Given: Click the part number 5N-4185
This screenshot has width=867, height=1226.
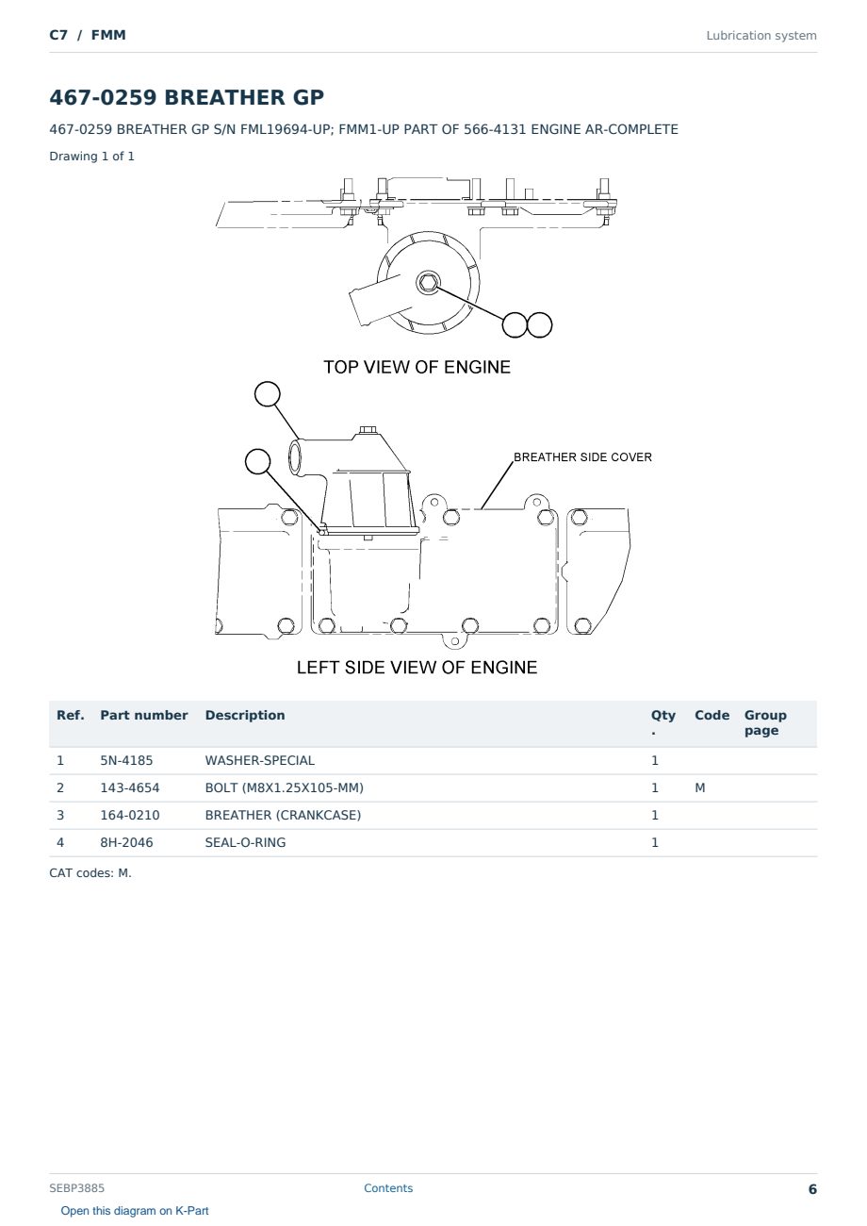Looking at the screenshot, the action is point(126,760).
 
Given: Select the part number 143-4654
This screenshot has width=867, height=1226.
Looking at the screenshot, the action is point(130,787).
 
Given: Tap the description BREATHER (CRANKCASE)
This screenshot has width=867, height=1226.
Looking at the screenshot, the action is point(283,815).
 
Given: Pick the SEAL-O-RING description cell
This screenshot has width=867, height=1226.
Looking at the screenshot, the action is point(245,842).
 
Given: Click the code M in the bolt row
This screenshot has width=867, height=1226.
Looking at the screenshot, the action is point(699,787).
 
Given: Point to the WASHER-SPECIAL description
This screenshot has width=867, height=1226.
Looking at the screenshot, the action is point(259,760).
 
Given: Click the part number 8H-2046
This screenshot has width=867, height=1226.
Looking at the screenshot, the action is point(126,842).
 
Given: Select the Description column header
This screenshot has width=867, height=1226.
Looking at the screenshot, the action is point(244,716).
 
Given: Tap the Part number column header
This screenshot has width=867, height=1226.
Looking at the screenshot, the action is point(144,716).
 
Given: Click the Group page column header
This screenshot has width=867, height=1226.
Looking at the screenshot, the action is point(765,722).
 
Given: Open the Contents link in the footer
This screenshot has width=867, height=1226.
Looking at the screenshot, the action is point(388,1188).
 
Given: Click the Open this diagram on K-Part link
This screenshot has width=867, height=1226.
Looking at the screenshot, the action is point(135,1211).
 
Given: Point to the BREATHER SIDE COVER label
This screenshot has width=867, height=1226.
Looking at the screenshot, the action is point(582,457).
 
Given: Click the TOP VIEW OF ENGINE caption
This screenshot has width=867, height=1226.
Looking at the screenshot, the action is point(417,367).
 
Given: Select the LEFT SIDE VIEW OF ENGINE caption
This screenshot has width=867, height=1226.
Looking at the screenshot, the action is point(417,667).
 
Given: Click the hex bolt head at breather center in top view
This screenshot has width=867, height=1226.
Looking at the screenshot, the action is point(428,283).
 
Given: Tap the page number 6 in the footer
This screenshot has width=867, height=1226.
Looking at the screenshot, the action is point(812,1189).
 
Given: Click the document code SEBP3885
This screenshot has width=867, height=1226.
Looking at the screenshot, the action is point(76,1188).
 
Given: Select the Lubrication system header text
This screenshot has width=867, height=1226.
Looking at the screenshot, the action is point(761,36).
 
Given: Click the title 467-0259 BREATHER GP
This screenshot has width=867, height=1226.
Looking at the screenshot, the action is point(187,97).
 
